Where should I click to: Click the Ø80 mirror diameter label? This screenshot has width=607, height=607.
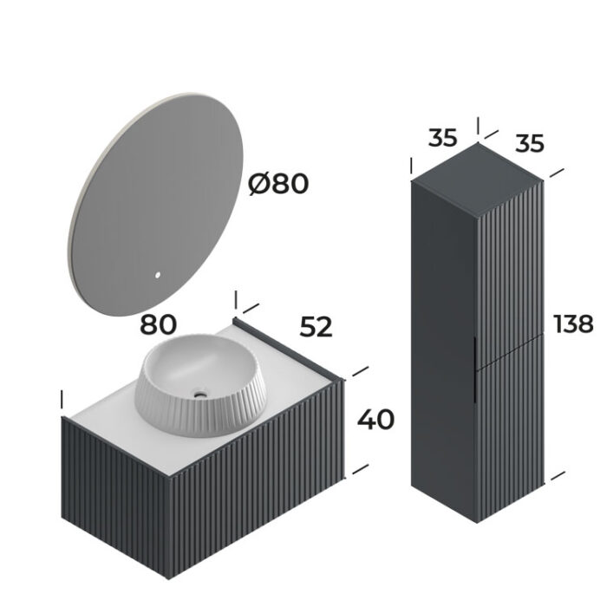277,184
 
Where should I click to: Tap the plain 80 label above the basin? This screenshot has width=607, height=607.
159,324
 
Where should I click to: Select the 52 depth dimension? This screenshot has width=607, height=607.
316,327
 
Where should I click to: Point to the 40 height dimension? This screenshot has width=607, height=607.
375,420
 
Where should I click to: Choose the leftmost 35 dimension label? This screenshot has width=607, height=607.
442,139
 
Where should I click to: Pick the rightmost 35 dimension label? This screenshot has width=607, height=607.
529,143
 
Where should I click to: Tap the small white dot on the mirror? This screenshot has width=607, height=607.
158,277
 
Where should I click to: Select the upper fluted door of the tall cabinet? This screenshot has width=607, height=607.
512,269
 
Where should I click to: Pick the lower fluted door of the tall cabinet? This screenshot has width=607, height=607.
512,434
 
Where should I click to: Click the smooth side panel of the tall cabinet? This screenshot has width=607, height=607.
442,347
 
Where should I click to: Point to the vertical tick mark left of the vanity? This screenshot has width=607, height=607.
62,401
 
